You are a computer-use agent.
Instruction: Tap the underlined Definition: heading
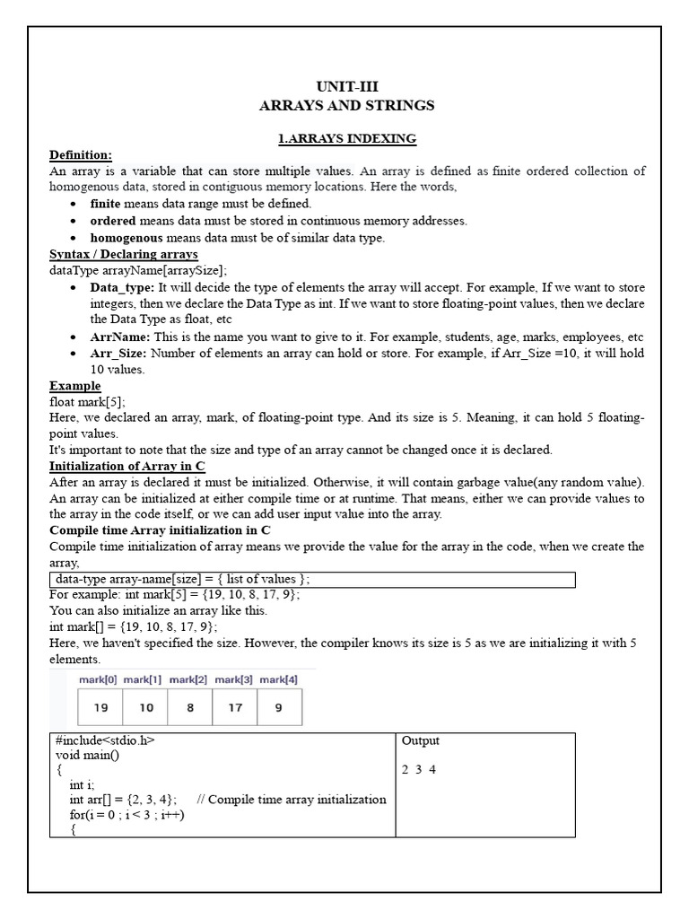[x=81, y=155]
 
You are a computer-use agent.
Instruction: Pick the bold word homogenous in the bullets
[x=126, y=238]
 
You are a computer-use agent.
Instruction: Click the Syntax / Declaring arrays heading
[x=123, y=255]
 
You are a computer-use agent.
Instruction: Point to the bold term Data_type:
[x=122, y=287]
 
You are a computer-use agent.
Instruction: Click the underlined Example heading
[x=74, y=386]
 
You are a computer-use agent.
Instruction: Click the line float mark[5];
[x=87, y=402]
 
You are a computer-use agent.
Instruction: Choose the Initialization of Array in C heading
[x=127, y=466]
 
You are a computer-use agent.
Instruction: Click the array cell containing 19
[x=100, y=707]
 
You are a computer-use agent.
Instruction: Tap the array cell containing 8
[x=190, y=707]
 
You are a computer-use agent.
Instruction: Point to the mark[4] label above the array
[x=278, y=680]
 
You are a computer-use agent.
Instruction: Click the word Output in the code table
[x=421, y=741]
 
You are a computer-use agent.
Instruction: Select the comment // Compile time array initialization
[x=291, y=800]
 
